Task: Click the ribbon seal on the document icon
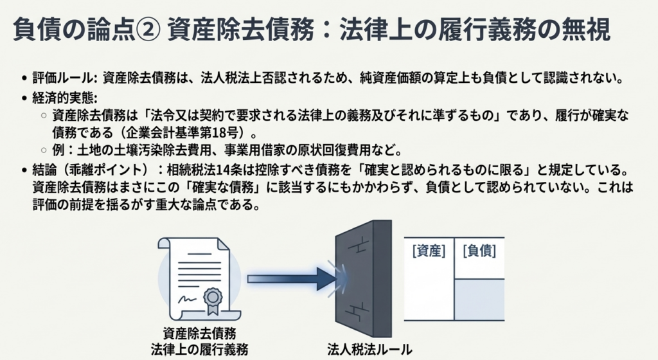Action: tap(213, 298)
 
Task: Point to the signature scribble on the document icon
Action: tap(188, 299)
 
